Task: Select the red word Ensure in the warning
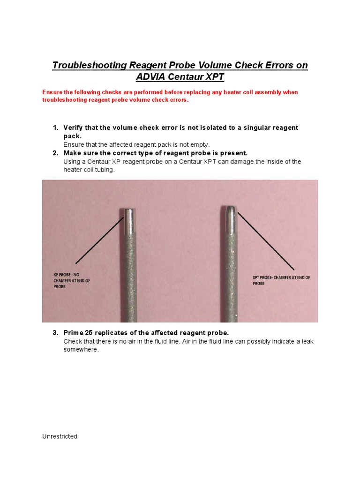52,92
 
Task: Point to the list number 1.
55,128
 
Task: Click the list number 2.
55,153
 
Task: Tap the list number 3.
55,333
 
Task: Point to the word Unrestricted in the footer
60,436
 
